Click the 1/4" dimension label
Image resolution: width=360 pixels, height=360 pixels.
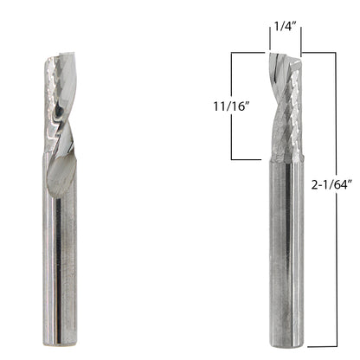(286, 27)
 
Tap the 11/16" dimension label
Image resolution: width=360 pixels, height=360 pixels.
(231, 106)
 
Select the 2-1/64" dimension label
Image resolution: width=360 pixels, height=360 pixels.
(332, 184)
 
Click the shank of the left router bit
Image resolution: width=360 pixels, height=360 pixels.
(60, 249)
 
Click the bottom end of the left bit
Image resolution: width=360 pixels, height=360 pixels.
(60, 344)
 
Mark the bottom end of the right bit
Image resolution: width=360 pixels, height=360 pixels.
(286, 344)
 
